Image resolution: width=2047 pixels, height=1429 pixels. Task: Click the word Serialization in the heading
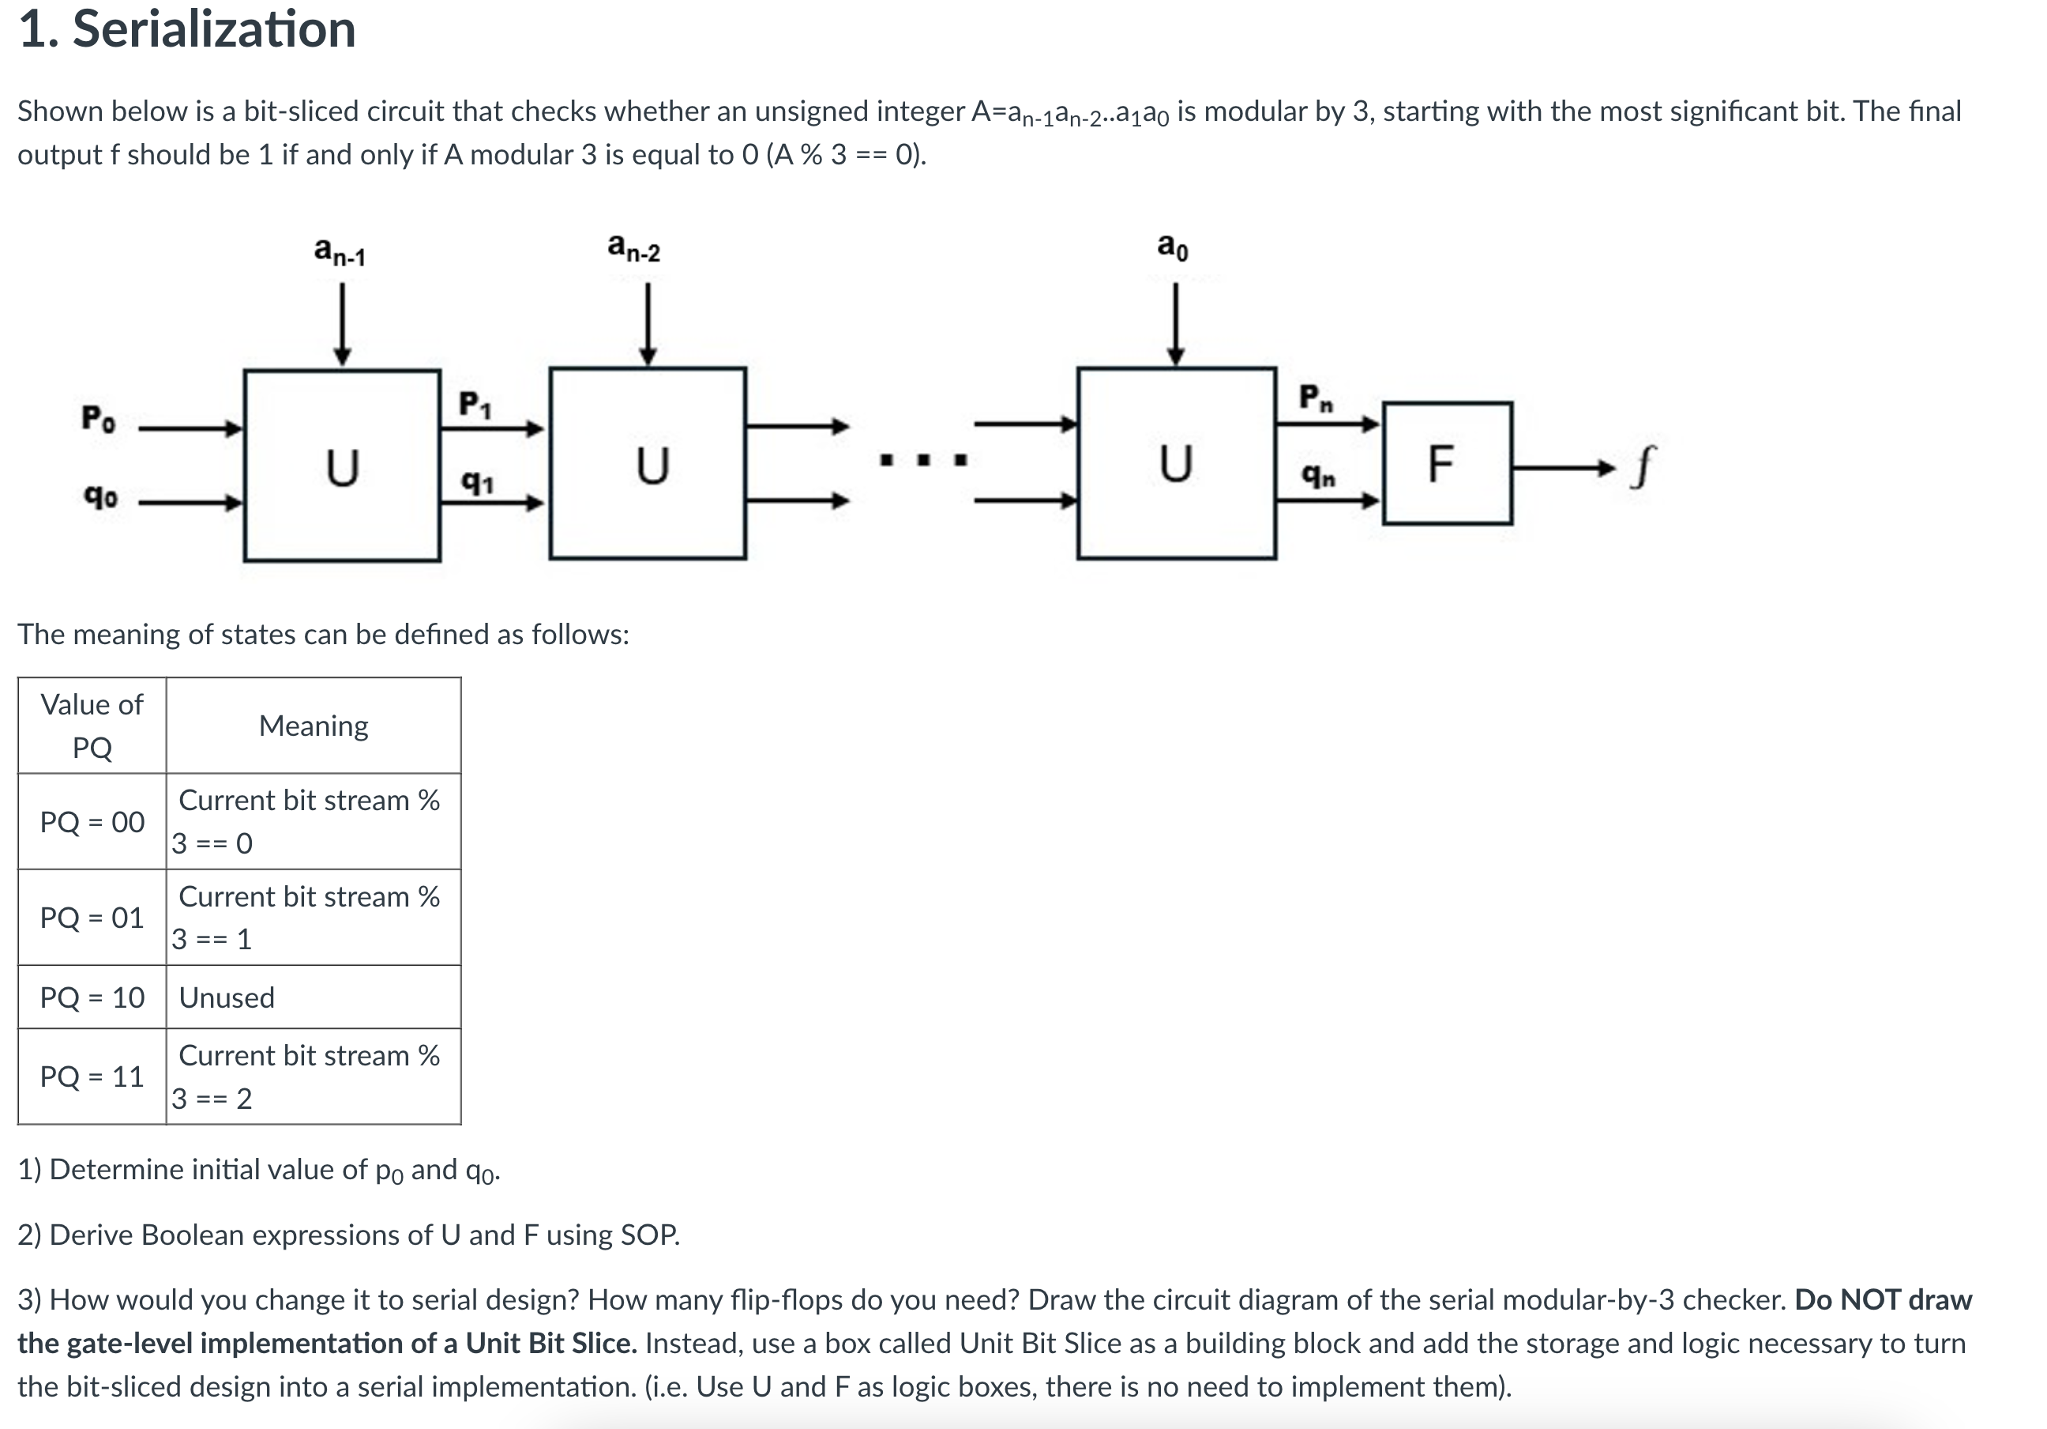[x=214, y=28]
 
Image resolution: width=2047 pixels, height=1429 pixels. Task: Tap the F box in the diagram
[x=1446, y=464]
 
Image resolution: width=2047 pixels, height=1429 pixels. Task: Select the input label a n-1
[x=340, y=251]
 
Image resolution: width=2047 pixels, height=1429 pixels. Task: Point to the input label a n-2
[x=633, y=247]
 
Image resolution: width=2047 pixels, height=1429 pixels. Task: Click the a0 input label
[x=1173, y=245]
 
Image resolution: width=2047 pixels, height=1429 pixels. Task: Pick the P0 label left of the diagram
[x=98, y=418]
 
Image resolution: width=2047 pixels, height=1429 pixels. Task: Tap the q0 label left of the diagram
[x=100, y=496]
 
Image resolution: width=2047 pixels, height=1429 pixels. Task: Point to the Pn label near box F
[x=1316, y=397]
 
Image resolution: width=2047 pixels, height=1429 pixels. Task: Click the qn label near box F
[x=1319, y=476]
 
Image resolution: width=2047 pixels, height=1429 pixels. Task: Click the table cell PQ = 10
[x=92, y=997]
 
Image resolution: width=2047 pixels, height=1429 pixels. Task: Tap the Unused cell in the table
[x=227, y=997]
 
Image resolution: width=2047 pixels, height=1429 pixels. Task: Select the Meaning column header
[x=313, y=726]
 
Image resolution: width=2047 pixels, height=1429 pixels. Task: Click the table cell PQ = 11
[x=92, y=1076]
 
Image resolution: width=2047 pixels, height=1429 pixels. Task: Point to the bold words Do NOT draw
[x=1883, y=1299]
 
